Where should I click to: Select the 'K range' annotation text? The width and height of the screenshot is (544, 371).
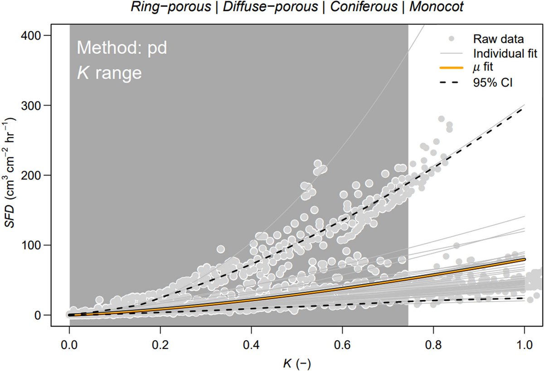click(x=109, y=72)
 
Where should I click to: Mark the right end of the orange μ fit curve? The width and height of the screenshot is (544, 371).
click(x=524, y=260)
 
